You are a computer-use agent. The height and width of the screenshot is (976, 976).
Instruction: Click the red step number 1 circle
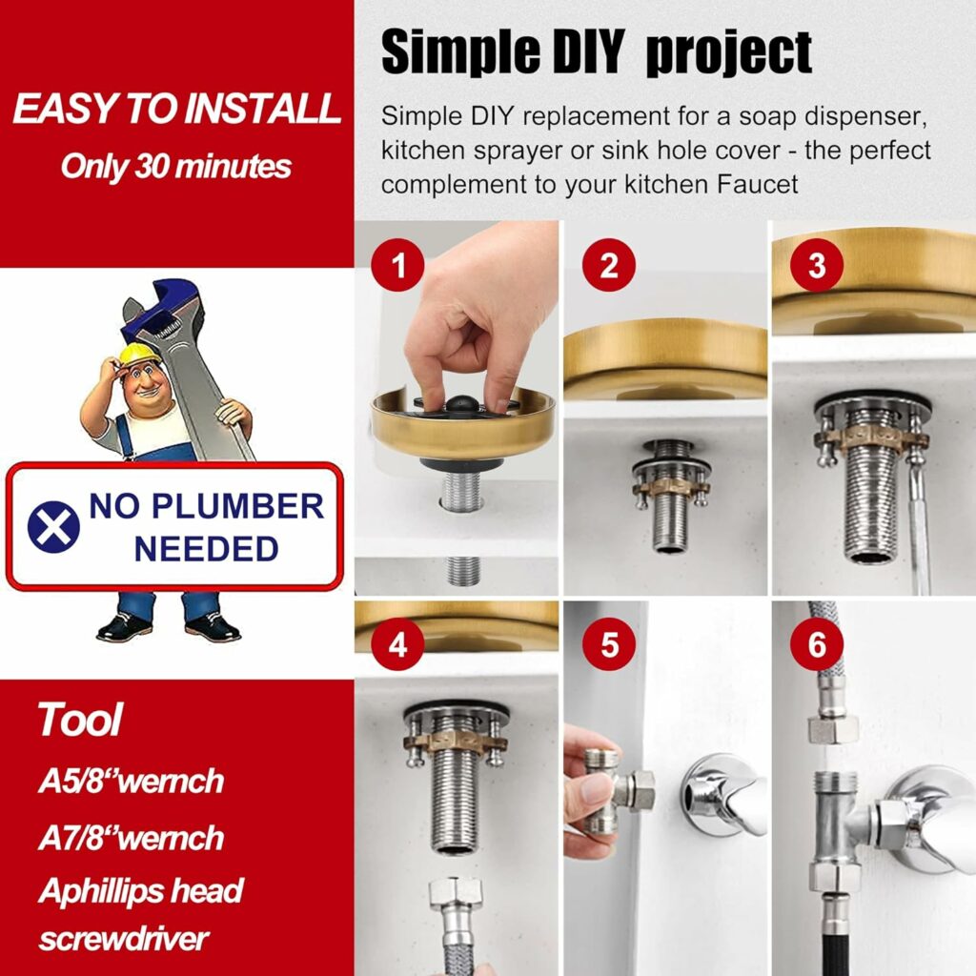397,265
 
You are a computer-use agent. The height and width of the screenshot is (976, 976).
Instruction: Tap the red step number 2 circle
609,265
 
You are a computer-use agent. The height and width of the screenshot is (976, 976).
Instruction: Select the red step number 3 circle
817,265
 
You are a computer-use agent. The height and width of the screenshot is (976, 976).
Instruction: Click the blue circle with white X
53,526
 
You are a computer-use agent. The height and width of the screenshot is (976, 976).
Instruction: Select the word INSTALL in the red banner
263,109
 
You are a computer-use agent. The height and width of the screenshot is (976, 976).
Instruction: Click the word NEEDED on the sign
206,549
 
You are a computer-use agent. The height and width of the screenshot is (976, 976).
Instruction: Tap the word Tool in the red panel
80,720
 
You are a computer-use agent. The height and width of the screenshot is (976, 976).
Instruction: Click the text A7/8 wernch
131,838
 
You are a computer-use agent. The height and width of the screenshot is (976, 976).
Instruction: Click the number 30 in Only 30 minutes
152,167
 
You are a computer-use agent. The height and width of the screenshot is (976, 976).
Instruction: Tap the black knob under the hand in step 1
461,404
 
